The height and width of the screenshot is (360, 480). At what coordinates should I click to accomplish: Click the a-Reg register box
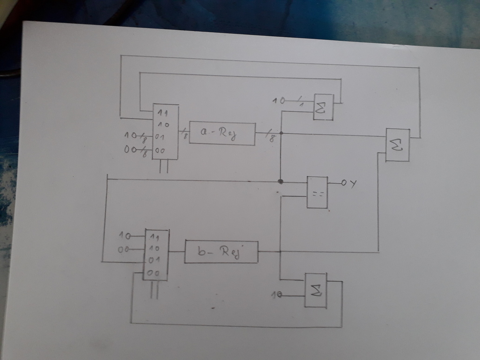coord(222,134)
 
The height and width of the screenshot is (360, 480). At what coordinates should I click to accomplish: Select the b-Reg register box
coord(221,252)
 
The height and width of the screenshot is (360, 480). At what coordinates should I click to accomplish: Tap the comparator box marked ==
coord(317,192)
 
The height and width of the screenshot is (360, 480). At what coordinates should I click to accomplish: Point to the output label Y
coord(353,183)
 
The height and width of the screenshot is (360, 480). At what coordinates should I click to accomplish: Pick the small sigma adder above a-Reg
coord(323,107)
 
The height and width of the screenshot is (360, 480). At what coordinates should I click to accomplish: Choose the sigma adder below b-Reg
coord(316,290)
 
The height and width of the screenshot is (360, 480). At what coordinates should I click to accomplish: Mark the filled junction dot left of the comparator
coord(280,180)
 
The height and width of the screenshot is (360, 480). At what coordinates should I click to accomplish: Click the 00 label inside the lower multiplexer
coord(154,273)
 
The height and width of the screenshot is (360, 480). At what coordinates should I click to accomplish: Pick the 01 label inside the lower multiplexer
coord(154,261)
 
